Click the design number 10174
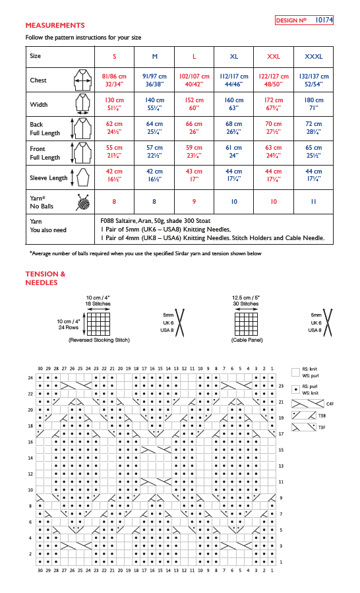(324, 21)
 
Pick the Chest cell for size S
(114, 80)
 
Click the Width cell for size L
(194, 104)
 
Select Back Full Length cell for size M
(154, 127)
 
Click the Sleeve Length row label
(49, 177)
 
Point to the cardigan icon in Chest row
(82, 80)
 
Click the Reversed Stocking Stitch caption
(99, 340)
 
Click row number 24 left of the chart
(30, 377)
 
